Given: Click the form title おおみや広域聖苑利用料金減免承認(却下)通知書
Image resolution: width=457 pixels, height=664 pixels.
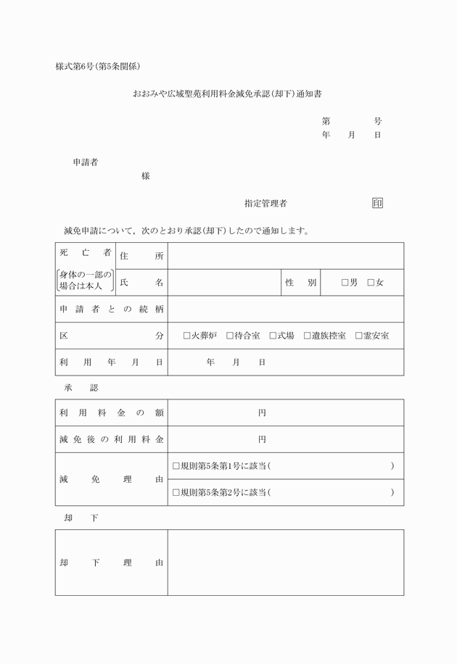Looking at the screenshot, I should (227, 94).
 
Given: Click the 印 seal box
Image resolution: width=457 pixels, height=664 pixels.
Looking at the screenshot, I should (377, 203).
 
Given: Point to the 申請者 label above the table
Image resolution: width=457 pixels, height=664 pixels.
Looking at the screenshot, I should (86, 162).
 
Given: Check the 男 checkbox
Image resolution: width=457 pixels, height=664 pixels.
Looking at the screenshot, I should (345, 283).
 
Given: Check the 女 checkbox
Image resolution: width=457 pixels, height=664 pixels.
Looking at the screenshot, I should (371, 283).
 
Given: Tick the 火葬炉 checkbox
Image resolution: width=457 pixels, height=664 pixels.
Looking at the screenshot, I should (187, 336).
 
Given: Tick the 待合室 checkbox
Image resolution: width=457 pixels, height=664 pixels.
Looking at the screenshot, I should (230, 336).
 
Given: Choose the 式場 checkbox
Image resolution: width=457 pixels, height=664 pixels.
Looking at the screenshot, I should (273, 336).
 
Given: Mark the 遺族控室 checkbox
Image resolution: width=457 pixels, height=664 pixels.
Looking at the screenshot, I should (308, 336).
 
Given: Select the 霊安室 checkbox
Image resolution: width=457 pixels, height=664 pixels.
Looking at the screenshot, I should (359, 336).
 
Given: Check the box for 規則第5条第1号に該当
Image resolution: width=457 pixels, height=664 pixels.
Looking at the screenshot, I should (176, 466).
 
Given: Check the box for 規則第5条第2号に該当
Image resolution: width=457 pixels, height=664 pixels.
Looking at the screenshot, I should (176, 493).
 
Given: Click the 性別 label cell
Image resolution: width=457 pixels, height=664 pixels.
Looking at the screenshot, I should (300, 283).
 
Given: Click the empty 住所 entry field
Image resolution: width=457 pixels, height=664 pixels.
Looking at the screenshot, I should (286, 256).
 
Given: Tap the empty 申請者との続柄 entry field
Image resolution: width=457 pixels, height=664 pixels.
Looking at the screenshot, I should (286, 309).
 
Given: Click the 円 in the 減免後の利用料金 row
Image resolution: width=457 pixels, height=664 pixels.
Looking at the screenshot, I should (263, 439).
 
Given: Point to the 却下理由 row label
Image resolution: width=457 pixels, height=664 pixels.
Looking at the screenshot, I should (111, 563).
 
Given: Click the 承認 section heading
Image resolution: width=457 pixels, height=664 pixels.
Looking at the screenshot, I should (81, 388).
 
